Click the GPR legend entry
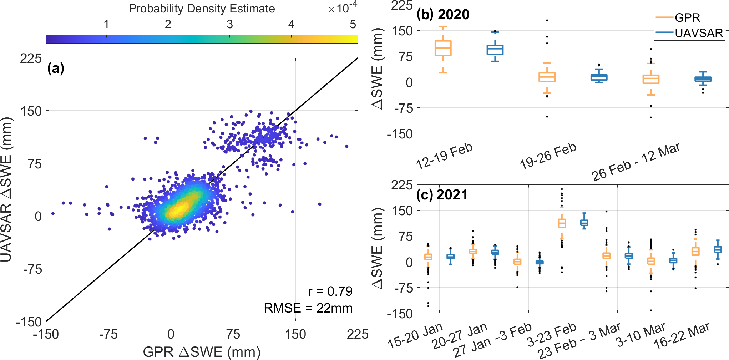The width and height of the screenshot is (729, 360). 687,17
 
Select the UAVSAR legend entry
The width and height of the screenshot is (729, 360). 698,33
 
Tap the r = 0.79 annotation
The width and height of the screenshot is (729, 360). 330,291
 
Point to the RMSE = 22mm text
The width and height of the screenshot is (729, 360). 308,308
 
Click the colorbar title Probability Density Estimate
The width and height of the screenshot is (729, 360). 202,9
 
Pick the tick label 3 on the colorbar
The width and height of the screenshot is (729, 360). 230,24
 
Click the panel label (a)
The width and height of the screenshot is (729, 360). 56,68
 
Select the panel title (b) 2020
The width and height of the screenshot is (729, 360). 443,14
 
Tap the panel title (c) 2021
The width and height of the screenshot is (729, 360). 442,195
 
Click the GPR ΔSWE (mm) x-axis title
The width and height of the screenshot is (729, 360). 202,352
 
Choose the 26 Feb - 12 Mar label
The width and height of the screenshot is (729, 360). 636,162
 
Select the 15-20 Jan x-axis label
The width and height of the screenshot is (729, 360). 415,335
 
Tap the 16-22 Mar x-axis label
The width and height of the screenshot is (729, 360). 681,336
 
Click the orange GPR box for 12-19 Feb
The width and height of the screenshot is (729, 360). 443,48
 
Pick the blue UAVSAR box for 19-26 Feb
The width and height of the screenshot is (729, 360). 599,77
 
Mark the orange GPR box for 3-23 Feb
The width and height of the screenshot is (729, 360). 562,223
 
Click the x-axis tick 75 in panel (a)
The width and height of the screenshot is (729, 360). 233,334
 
